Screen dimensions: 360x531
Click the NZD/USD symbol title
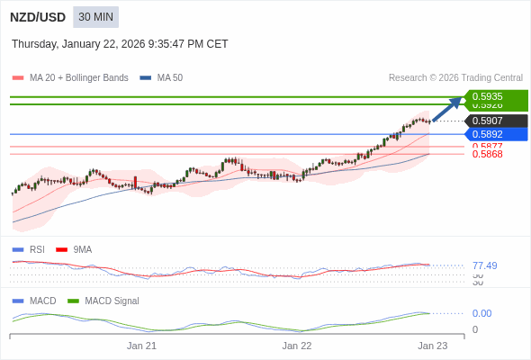tap(37, 17)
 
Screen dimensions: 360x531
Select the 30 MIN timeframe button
tap(95, 17)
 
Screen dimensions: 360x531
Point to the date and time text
tap(120, 44)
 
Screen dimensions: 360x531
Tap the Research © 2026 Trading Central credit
tap(455, 78)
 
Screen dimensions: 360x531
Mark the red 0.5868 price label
tap(488, 154)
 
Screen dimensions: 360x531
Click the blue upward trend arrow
tap(447, 108)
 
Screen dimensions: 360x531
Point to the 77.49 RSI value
tap(484, 265)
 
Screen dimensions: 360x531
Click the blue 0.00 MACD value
tap(481, 313)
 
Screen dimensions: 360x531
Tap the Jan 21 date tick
tap(141, 346)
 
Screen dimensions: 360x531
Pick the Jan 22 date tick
tap(297, 346)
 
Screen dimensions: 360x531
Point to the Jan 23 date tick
tap(432, 346)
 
